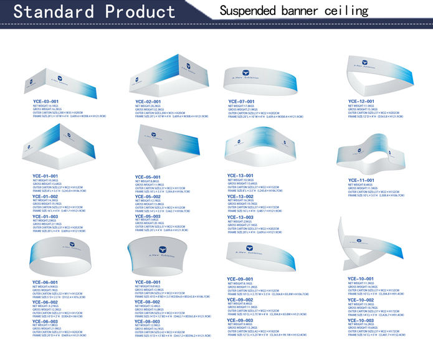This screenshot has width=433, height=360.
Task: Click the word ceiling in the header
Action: pos(349,11)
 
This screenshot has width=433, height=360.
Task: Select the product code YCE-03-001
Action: pos(45,100)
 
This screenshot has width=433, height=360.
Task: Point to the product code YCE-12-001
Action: pos(361,101)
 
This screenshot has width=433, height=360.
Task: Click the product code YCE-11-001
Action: pos(361,181)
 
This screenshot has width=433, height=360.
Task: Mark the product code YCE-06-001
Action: pos(45,282)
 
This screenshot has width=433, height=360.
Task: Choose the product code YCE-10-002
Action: pos(361,300)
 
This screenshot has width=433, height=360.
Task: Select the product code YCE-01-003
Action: pos(45,216)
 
